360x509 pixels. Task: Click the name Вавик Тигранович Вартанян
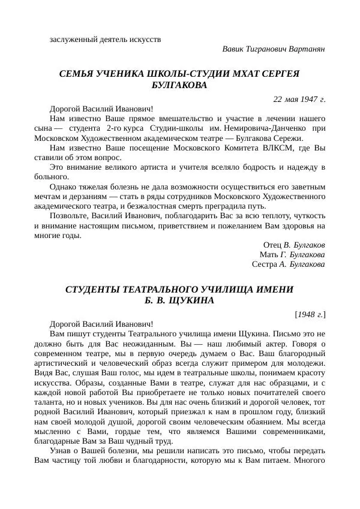tap(274, 49)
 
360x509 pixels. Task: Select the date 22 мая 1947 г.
tap(299, 98)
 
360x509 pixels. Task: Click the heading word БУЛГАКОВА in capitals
tap(180, 85)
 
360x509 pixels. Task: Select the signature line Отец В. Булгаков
tap(294, 245)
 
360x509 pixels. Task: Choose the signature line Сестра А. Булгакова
tap(289, 263)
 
